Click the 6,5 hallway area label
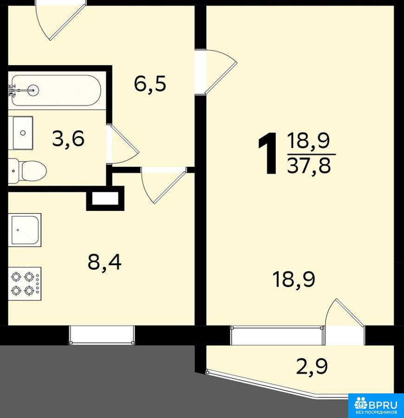tap(150, 84)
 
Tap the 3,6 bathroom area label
tap(68, 138)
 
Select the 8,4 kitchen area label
tap(104, 262)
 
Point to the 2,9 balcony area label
tap(312, 366)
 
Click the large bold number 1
tap(268, 154)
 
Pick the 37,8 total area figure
tap(309, 165)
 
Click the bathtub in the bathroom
tap(56, 91)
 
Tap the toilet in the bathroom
tap(27, 170)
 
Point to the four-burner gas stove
tap(25, 283)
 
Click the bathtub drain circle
tap(33, 90)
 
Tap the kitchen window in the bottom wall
tap(102, 335)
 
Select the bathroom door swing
tap(124, 144)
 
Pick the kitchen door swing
tap(163, 185)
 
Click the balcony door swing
tap(345, 313)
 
